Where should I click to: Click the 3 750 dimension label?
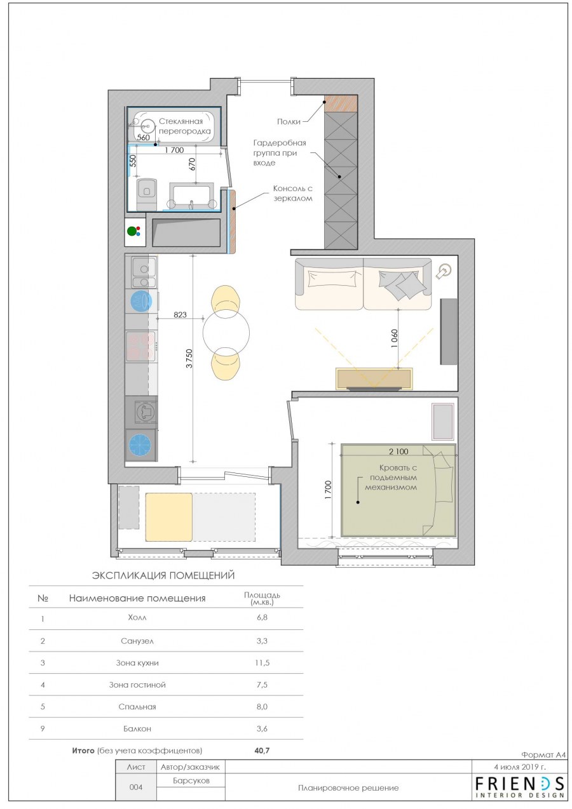pyautogui.click(x=189, y=358)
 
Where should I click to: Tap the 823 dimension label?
pyautogui.click(x=180, y=314)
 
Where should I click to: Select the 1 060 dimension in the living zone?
pyautogui.click(x=394, y=338)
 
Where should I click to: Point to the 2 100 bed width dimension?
pyautogui.click(x=398, y=451)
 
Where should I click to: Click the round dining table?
pyautogui.click(x=226, y=332)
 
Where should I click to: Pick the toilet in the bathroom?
pyautogui.click(x=146, y=194)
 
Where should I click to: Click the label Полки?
pyautogui.click(x=289, y=122)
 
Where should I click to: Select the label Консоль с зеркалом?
pyautogui.click(x=292, y=193)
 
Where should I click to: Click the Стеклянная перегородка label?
pyautogui.click(x=184, y=126)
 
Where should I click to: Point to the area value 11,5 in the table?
pyautogui.click(x=262, y=663)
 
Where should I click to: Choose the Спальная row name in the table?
pyautogui.click(x=137, y=707)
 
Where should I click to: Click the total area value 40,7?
pyautogui.click(x=262, y=751)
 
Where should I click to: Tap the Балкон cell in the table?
pyautogui.click(x=137, y=728)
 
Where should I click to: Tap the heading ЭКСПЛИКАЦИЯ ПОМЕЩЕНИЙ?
pyautogui.click(x=163, y=575)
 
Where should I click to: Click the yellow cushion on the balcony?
pyautogui.click(x=169, y=517)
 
